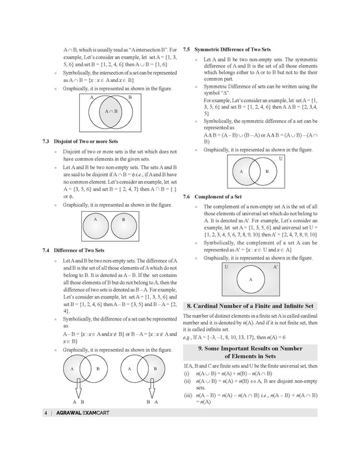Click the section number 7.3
pyautogui.click(x=46, y=141)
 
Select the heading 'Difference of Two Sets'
pyautogui.click(x=79, y=250)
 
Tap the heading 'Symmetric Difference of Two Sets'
pyautogui.click(x=233, y=49)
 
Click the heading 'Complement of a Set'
pyautogui.click(x=218, y=196)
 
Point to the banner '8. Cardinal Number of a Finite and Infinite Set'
pyautogui.click(x=250, y=306)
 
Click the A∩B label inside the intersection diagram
pyautogui.click(x=111, y=111)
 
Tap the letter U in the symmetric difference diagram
pyautogui.click(x=281, y=159)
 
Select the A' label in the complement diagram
pyautogui.click(x=276, y=266)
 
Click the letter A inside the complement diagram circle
pyautogui.click(x=251, y=279)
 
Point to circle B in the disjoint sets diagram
pyautogui.click(x=124, y=226)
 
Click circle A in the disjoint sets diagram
pyautogui.click(x=96, y=226)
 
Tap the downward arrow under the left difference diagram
pyautogui.click(x=79, y=388)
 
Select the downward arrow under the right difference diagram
pyautogui.click(x=151, y=388)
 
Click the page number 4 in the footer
pyautogui.click(x=45, y=413)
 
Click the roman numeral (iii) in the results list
pyautogui.click(x=188, y=395)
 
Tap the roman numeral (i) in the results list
pyautogui.click(x=186, y=374)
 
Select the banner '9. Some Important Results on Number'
pyautogui.click(x=250, y=348)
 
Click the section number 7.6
pyautogui.click(x=186, y=196)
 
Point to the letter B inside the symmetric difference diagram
pyautogui.click(x=267, y=171)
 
